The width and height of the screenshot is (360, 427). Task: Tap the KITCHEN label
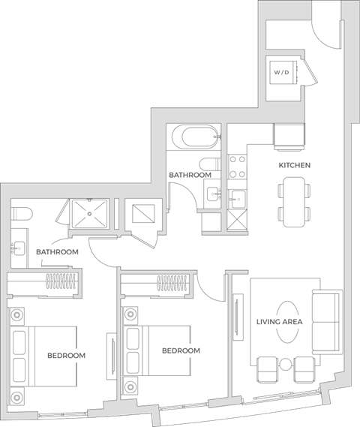click(x=294, y=165)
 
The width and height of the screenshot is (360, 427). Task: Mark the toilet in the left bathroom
click(x=20, y=212)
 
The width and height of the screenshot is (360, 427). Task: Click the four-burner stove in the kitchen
click(x=237, y=167)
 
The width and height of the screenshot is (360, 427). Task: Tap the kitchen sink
click(x=238, y=198)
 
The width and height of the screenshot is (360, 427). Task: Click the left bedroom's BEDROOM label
click(x=66, y=355)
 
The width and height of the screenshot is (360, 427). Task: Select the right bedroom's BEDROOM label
click(x=181, y=350)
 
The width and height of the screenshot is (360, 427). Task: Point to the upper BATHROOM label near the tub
click(x=189, y=175)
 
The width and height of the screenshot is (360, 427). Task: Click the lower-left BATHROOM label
click(x=58, y=252)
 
